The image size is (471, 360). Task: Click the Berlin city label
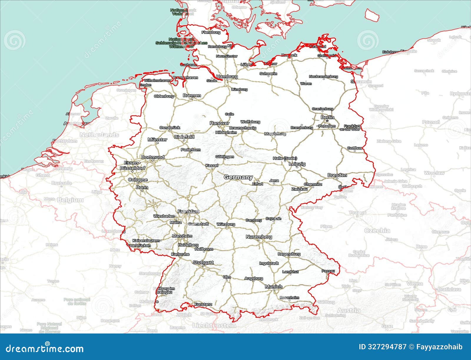[x=327, y=117]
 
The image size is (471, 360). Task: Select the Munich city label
[x=273, y=287]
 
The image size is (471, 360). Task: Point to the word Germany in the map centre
[x=238, y=177]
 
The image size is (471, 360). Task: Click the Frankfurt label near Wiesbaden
[x=188, y=212]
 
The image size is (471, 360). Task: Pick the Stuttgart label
[x=203, y=262]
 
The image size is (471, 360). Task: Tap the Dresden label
[x=337, y=175]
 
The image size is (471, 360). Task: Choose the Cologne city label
[x=138, y=180]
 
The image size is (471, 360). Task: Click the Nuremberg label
[x=259, y=237]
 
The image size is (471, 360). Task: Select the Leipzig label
[x=297, y=164]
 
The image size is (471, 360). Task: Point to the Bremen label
[x=192, y=95]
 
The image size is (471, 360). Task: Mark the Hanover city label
[x=219, y=123]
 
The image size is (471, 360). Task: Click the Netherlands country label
[x=99, y=135]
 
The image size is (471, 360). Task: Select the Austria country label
[x=349, y=311]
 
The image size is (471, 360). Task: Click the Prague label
[x=357, y=212]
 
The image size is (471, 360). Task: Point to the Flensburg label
[x=211, y=32]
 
